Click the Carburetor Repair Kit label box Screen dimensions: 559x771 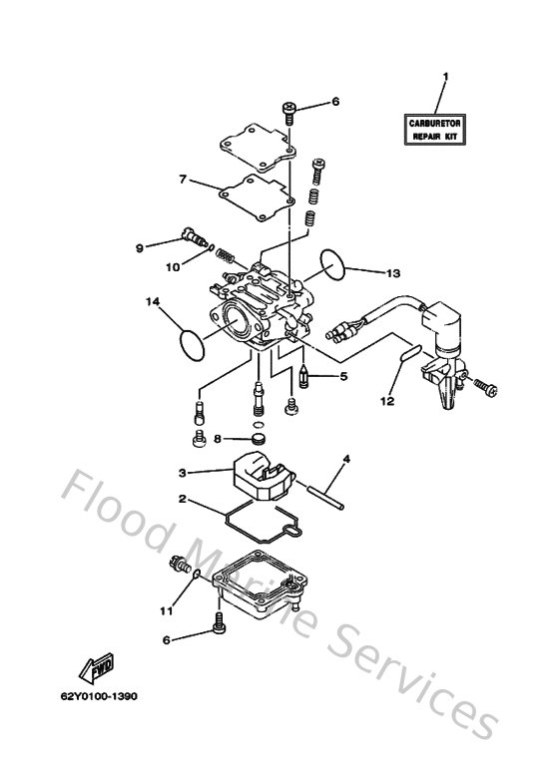click(x=435, y=130)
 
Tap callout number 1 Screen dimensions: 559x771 click(x=446, y=77)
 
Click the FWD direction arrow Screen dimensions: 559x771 click(x=97, y=668)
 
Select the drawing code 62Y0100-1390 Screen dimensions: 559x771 click(x=99, y=696)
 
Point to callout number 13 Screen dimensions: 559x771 click(x=393, y=273)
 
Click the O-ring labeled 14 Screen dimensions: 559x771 click(x=192, y=345)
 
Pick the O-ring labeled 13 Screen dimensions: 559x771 click(x=333, y=264)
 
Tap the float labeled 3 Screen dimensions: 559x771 click(x=261, y=476)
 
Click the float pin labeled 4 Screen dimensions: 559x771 click(x=325, y=498)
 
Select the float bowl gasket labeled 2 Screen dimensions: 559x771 click(x=263, y=522)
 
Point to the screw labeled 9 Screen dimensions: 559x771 click(x=195, y=237)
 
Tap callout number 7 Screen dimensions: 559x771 click(x=183, y=180)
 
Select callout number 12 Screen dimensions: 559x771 click(x=387, y=401)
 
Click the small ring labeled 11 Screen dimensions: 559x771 click(x=197, y=574)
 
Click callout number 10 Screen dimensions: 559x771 click(x=173, y=267)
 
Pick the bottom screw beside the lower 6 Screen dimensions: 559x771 click(x=219, y=621)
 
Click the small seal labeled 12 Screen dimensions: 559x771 click(x=409, y=353)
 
